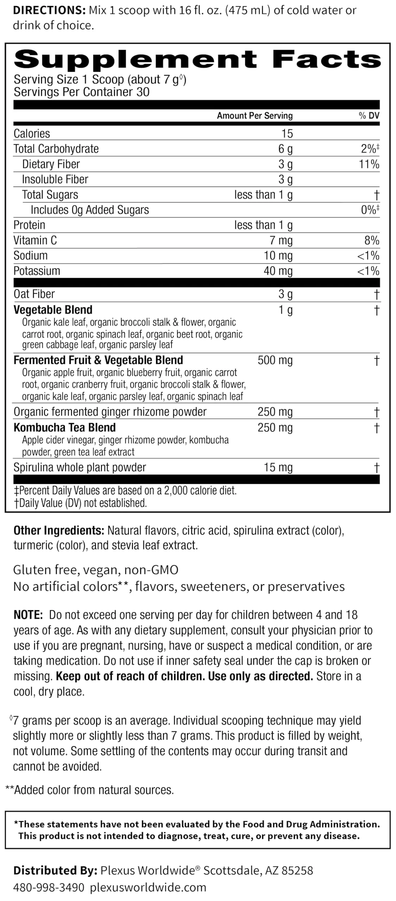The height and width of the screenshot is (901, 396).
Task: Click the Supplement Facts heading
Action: point(197,59)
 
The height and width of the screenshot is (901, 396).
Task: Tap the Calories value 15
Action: point(287,134)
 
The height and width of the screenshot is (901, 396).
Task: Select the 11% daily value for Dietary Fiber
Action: point(369,164)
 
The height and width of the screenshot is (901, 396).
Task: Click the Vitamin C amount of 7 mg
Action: point(281,240)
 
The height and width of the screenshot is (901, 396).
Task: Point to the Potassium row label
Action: point(37,271)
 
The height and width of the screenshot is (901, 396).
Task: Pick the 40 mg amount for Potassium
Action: point(278,271)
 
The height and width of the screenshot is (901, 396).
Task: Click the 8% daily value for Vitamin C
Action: point(372,240)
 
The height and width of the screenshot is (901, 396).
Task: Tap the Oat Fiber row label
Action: point(34,294)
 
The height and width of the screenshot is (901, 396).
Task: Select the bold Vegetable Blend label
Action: point(53,310)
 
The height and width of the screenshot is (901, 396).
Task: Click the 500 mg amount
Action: point(275,360)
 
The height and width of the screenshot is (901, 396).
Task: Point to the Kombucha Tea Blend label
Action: point(64,428)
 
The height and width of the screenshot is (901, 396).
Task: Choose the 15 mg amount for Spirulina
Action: point(278,467)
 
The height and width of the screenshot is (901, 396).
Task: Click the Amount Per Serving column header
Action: point(255,116)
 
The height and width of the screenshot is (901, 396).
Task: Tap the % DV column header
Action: point(369,116)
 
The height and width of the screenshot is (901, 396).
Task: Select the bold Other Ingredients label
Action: point(58,530)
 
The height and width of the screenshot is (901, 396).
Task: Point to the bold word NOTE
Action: point(28,615)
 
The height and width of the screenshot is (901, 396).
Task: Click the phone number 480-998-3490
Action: point(49,887)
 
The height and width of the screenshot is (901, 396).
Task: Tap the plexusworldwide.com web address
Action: point(148,887)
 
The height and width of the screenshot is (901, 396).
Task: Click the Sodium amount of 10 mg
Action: point(278,256)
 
